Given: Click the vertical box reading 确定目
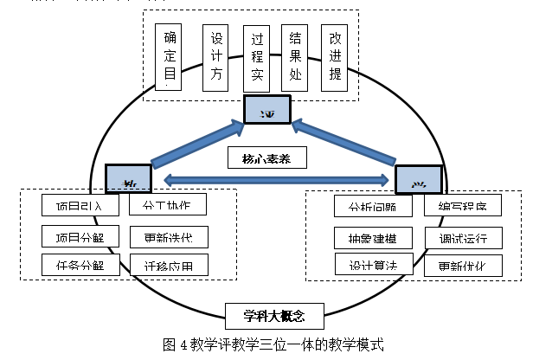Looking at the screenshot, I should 170,57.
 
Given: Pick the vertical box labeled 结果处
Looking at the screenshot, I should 296,57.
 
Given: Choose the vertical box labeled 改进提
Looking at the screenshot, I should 336,57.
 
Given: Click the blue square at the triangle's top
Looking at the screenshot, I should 266,110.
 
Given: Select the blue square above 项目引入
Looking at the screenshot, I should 128,177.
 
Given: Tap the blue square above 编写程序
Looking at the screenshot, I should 419,179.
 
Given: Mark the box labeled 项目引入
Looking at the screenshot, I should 74,205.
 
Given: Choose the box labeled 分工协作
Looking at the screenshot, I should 169,205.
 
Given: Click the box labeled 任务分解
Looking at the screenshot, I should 74,265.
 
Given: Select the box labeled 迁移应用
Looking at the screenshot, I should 169,265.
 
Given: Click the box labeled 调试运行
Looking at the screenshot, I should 463,237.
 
